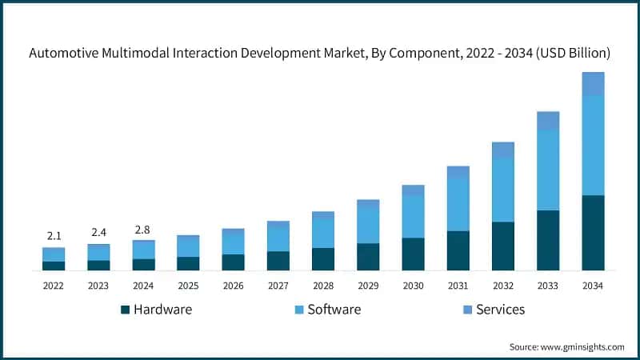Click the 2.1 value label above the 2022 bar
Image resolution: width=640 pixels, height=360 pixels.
pos(54,236)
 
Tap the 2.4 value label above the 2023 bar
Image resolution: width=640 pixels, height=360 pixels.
pos(98,233)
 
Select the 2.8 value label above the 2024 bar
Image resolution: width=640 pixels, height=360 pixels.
pos(143,230)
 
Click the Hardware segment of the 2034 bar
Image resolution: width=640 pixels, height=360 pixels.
pos(593,233)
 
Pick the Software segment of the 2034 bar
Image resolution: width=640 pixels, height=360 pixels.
pos(593,145)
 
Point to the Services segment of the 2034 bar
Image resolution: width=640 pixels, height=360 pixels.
pos(593,83)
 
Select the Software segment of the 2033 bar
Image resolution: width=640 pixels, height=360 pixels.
pos(548,170)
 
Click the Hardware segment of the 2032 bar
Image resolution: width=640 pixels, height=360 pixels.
pos(503,246)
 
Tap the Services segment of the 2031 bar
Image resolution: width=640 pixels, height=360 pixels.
pos(458,171)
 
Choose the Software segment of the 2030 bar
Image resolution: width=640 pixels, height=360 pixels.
pos(413,216)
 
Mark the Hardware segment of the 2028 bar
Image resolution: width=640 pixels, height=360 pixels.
pos(323,259)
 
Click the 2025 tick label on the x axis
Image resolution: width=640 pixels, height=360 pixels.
pos(188,286)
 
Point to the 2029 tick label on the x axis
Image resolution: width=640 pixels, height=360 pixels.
pos(368,286)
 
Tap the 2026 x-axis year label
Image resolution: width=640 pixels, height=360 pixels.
pos(233,286)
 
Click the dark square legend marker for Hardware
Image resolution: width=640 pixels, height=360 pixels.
pos(125,310)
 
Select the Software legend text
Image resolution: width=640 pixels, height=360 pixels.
pos(334,310)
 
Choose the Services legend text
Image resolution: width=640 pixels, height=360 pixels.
pos(500,310)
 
